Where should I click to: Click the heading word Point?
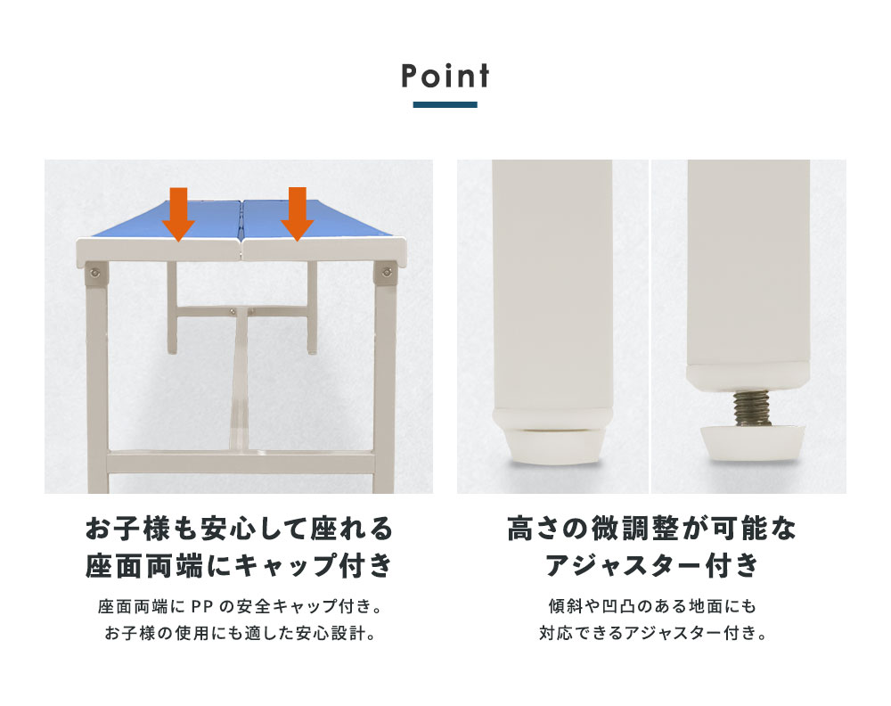pos(445,76)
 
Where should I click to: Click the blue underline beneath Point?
pos(445,104)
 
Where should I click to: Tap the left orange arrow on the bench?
pos(178,214)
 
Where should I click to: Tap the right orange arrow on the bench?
pos(298,214)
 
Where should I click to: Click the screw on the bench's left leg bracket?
pos(95,274)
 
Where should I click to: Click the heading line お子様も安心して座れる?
pos(239,529)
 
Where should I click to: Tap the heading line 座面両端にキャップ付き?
pos(239,565)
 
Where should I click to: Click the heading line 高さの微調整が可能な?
pos(652,529)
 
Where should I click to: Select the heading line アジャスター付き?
pos(652,565)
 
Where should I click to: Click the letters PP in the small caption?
pos(201,607)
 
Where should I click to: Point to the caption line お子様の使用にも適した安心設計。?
pos(241,633)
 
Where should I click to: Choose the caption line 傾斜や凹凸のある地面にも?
pos(652,606)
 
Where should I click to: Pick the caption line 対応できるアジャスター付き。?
pos(652,633)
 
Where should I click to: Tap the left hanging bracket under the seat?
pos(172,308)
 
